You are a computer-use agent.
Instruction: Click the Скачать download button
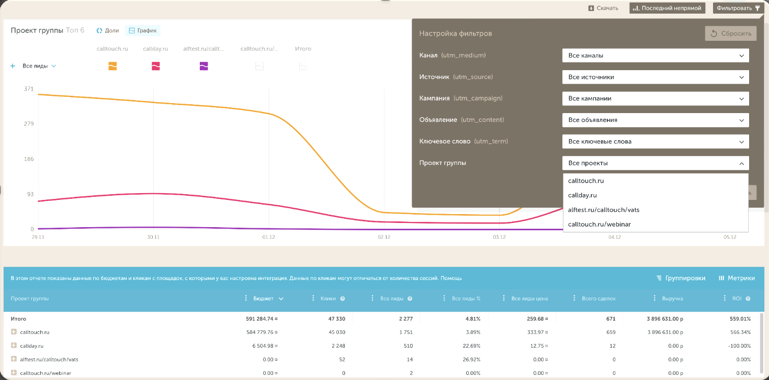[x=603, y=8]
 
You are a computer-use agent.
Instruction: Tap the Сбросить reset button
[x=730, y=33]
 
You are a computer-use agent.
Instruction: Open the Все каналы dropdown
[x=655, y=55]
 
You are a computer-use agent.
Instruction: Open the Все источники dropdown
[x=655, y=77]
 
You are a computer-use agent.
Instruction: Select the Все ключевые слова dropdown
[x=655, y=141]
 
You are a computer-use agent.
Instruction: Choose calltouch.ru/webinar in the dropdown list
[x=599, y=225]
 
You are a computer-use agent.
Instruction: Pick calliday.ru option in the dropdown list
[x=582, y=195]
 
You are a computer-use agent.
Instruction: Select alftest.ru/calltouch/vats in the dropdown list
[x=604, y=209]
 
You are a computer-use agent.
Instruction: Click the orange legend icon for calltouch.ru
[x=112, y=66]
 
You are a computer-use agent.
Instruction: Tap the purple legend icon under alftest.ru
[x=203, y=66]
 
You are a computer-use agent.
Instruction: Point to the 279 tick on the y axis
[x=29, y=124]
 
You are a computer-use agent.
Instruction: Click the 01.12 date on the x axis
[x=268, y=237]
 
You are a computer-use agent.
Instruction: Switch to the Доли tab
[x=108, y=30]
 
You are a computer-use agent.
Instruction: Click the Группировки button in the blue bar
[x=681, y=278]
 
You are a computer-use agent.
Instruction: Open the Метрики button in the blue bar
[x=737, y=278]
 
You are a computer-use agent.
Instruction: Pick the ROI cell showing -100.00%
[x=739, y=346]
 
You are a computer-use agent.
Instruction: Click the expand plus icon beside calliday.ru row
[x=14, y=345]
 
